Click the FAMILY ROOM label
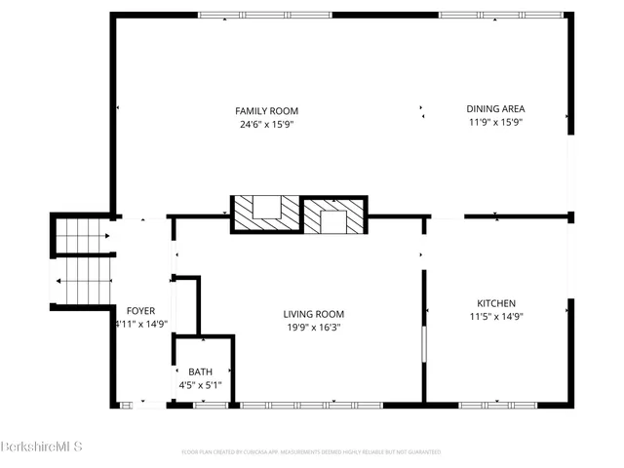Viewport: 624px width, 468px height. point(266,110)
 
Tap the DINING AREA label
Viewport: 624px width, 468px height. point(497,109)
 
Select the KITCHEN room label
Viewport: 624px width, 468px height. point(495,303)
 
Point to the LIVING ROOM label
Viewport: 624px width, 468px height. point(313,314)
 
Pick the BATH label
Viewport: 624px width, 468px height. point(200,372)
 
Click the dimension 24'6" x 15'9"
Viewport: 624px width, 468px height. point(266,124)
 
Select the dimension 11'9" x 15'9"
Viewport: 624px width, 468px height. point(497,123)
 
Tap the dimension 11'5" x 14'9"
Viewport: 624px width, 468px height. point(495,317)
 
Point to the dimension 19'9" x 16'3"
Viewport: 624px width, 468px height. point(313,328)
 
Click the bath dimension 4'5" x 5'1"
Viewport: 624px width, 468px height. point(200,386)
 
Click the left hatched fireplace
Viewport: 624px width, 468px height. point(265,214)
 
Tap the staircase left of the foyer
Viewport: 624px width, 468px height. point(82,261)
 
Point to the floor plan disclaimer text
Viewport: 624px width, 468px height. point(311,452)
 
